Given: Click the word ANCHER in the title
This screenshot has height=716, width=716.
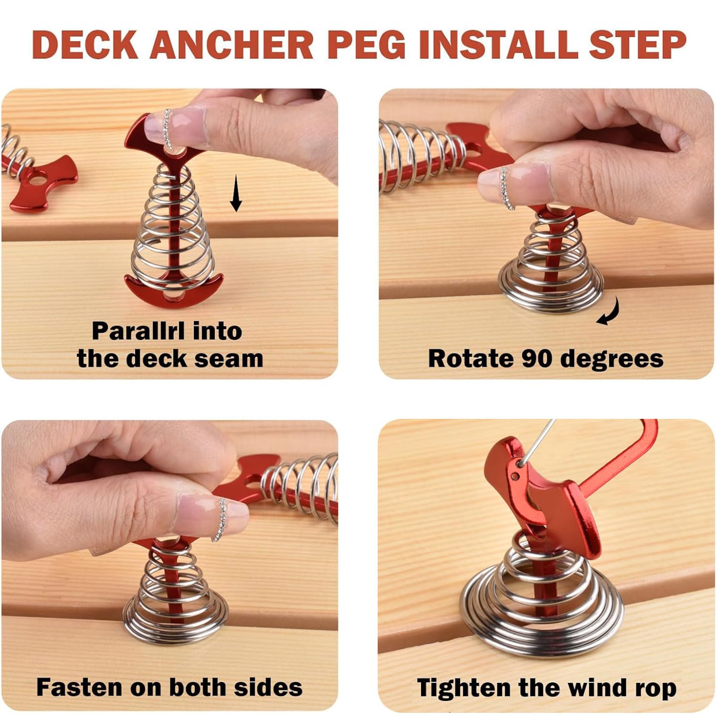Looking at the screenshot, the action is [232, 45].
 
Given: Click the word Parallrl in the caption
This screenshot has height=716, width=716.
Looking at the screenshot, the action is [138, 331].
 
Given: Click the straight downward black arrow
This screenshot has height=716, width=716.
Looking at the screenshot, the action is [236, 193].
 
